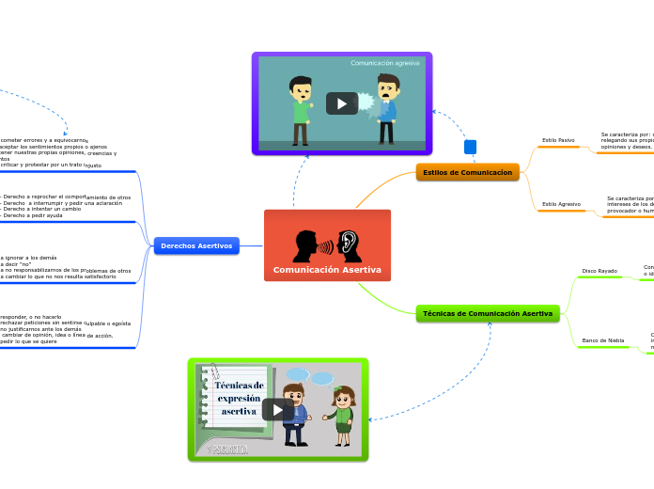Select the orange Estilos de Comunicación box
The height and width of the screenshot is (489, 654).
467,172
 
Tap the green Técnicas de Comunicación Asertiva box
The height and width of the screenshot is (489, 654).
487,313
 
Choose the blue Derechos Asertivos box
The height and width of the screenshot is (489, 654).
196,245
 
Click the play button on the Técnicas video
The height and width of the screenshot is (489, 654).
277,409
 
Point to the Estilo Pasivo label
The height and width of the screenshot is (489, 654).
558,140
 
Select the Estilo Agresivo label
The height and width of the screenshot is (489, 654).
561,204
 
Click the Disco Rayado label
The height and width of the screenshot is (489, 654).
599,271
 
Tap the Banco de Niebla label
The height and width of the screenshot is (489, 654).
602,340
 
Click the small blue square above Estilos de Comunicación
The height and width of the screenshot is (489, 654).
471,147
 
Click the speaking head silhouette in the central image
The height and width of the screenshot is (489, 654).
307,246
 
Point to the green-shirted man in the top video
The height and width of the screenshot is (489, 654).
301,109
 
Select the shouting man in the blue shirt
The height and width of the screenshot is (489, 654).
386,107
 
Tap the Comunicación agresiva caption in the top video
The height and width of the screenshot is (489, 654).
385,63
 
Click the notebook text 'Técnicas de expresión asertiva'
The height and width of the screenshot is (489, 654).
239,398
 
